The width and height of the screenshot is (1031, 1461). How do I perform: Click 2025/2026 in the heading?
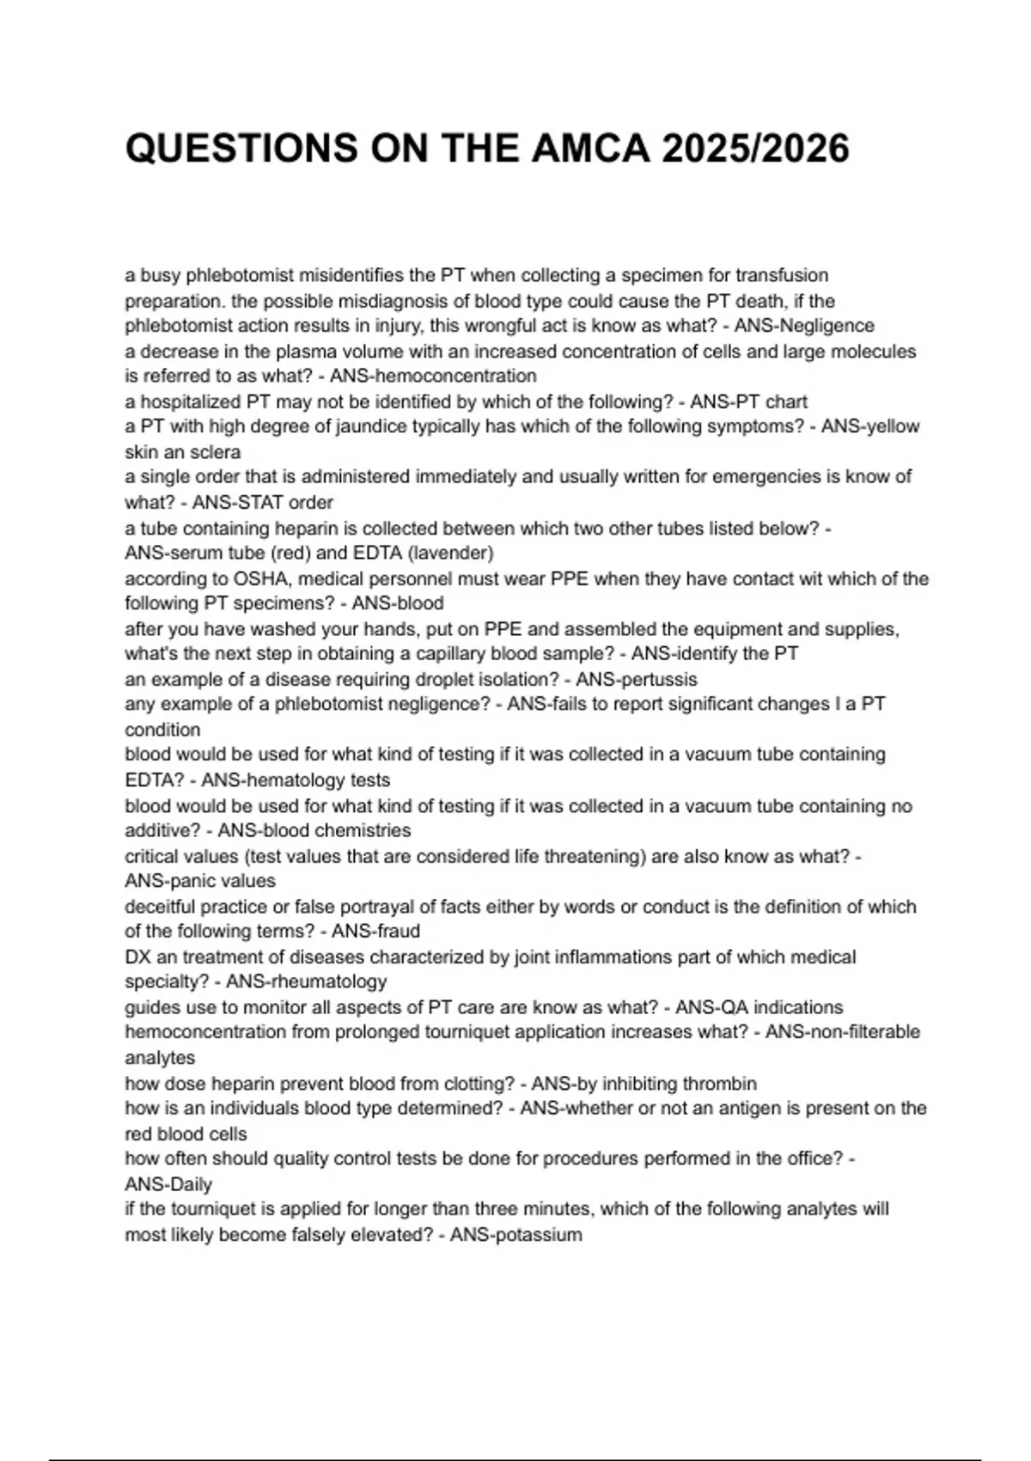tap(755, 149)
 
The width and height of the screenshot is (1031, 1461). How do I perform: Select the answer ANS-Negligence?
tap(804, 326)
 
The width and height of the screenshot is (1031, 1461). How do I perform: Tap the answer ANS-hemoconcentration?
tap(433, 376)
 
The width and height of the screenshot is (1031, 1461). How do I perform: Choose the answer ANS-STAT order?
tap(262, 502)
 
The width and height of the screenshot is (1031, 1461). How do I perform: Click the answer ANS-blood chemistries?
tap(314, 830)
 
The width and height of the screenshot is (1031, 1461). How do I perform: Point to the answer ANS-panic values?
tap(200, 881)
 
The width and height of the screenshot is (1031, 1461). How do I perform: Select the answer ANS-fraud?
tap(375, 931)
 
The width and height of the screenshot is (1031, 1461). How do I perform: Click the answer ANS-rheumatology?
tap(306, 981)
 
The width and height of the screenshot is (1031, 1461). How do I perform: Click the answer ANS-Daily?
tap(168, 1184)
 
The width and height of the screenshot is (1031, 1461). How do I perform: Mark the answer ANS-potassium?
tap(515, 1235)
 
